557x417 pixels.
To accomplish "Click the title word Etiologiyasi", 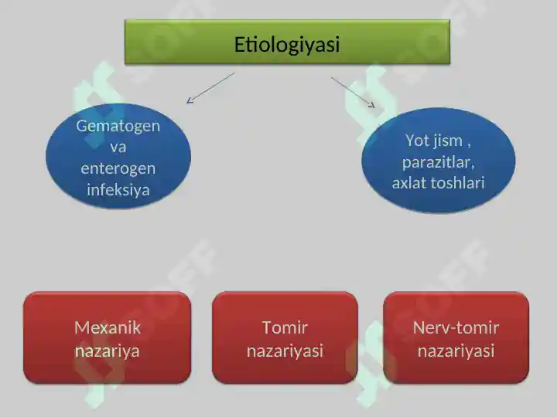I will pos(287,45).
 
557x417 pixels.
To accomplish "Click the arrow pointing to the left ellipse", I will pos(210,88).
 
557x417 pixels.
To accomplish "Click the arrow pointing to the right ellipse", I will pos(353,91).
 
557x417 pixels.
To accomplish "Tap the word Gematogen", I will pos(118,125).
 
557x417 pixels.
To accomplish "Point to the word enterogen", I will pos(118,168).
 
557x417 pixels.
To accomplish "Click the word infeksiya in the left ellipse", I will pos(118,189).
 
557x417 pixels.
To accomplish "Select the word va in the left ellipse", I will pos(118,147).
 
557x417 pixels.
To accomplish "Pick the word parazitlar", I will pos(438,162).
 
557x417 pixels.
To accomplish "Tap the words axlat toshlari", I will pos(438,183).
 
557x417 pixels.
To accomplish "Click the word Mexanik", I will pos(108,327).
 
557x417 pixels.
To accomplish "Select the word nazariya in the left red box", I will pos(108,351).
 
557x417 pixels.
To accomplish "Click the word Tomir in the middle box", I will pos(285,327).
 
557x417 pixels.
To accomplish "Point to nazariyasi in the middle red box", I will pos(285,351).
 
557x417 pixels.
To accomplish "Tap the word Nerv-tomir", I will pos(456,327).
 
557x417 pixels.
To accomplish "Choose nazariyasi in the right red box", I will pos(456,351).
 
